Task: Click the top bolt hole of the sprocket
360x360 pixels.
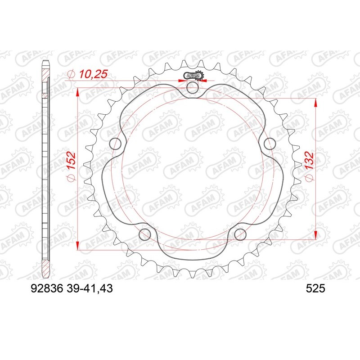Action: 192,88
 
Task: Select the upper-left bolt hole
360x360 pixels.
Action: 116,144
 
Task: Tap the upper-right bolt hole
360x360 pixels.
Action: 270,144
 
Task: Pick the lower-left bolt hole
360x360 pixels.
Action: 145,234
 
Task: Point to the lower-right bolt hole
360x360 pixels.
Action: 240,234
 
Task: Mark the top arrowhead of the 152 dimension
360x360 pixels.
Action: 78,92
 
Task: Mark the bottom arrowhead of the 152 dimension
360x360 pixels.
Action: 78,245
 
